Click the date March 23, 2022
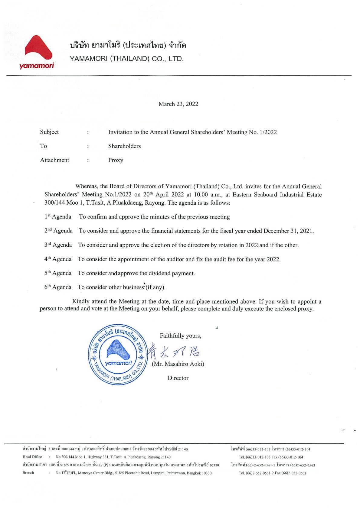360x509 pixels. point(178,104)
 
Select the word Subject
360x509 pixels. point(49,132)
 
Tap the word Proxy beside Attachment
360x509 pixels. point(116,160)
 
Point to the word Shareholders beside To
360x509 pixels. point(124,146)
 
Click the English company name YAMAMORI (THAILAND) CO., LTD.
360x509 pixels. point(126,59)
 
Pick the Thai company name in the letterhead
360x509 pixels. point(128,46)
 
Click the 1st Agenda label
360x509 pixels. point(58,217)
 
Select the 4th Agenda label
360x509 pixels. point(58,259)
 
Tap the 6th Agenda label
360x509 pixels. point(58,287)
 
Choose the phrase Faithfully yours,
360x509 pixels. point(180,336)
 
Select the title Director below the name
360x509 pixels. point(178,378)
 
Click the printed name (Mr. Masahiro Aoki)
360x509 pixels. point(178,364)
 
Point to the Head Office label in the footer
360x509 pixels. point(32,457)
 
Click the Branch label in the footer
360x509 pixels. point(28,473)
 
